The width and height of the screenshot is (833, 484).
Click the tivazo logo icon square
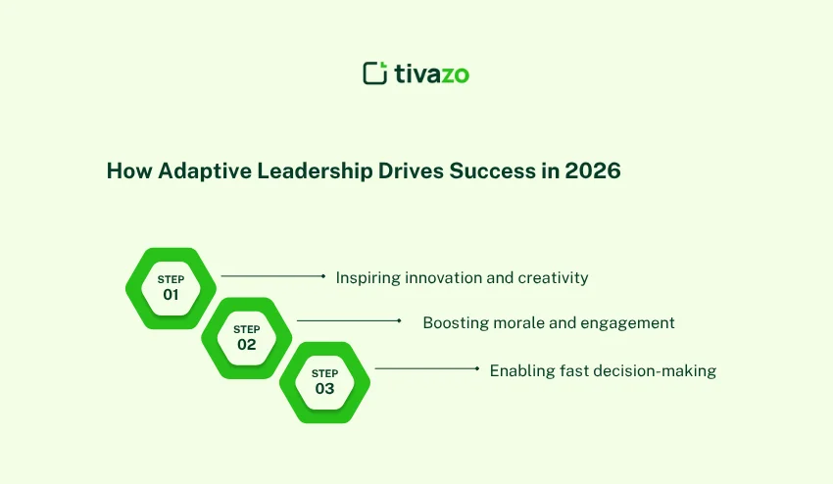tap(375, 73)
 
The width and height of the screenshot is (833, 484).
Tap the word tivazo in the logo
tap(432, 73)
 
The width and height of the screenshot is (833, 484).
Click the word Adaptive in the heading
tap(205, 171)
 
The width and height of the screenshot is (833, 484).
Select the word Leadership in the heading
tap(315, 171)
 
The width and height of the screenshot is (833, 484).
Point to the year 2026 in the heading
tap(593, 170)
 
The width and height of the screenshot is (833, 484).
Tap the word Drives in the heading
tap(411, 170)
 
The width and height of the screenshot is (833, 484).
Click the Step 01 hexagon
tap(171, 288)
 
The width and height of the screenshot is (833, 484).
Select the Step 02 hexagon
tap(247, 338)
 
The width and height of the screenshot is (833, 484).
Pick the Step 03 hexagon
tap(324, 382)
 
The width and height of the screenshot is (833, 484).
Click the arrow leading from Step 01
tap(273, 276)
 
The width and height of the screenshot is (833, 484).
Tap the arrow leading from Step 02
tap(349, 321)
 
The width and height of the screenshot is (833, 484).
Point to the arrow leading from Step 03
tap(427, 368)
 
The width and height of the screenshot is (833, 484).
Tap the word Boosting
tap(456, 323)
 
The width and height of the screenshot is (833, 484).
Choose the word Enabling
tap(522, 370)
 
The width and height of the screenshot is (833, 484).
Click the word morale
tap(514, 322)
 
